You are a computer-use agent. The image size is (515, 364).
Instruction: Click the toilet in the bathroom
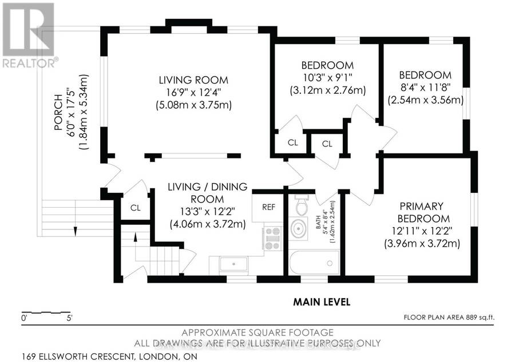click(x=301, y=205)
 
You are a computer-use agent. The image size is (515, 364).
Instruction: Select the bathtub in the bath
click(x=314, y=263)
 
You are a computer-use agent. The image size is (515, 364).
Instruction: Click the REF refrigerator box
click(x=268, y=207)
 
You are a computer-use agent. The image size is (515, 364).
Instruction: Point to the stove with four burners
click(x=273, y=239)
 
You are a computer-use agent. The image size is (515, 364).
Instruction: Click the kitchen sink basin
click(x=233, y=264)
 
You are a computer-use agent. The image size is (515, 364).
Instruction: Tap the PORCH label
click(x=58, y=112)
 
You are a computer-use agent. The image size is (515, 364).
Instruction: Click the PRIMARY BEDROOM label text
click(x=423, y=212)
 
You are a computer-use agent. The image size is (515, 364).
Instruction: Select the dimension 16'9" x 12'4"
click(x=193, y=92)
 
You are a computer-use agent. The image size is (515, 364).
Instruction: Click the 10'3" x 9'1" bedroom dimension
click(x=327, y=77)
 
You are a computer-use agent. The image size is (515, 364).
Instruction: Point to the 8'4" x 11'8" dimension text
click(x=425, y=87)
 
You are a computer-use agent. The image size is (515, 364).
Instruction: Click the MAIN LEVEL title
click(x=322, y=302)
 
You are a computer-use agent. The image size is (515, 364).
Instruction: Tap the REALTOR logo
click(x=28, y=35)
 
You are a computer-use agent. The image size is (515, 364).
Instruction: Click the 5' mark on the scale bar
click(x=69, y=318)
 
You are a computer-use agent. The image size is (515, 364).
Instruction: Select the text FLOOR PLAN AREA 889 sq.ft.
click(x=449, y=317)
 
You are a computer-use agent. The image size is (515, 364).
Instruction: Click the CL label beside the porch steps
click(x=135, y=208)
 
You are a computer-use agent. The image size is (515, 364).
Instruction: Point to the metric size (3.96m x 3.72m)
click(x=422, y=244)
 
